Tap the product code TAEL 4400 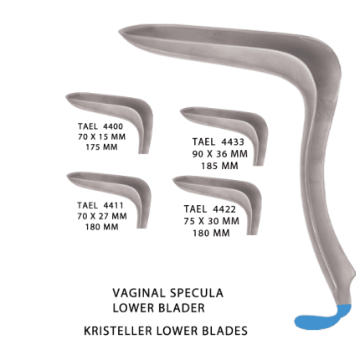pos(100,126)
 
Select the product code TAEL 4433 pos(219,141)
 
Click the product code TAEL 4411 pos(100,205)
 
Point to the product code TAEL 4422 pos(210,209)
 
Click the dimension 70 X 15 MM pos(101,136)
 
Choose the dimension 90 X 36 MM pos(220,154)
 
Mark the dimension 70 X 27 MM pos(102,216)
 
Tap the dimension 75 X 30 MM pos(212,221)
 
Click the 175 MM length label pos(101,147)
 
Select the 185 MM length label pos(220,166)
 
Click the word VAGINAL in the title pos(139,293)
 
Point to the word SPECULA pos(197,293)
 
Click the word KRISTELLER pos(118,331)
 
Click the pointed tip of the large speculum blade pos(120,30)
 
